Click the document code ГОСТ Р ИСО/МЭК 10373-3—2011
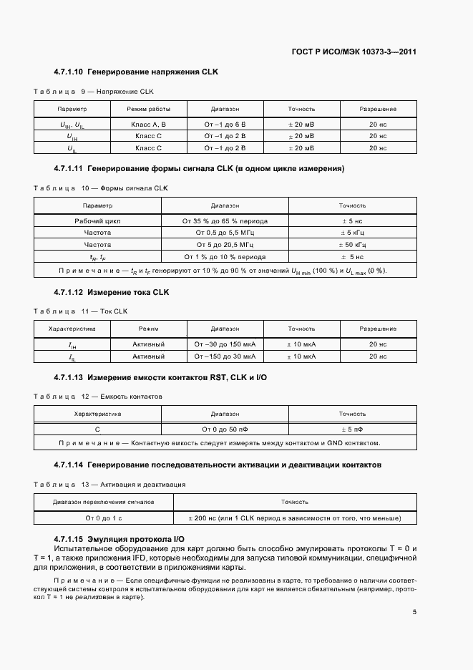point(354,52)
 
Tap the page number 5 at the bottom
point(414,611)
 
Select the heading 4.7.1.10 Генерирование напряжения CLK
point(135,72)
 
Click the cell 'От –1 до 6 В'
point(225,124)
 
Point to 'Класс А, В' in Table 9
point(148,124)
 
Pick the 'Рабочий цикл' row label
point(98,221)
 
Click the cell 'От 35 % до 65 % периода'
point(225,221)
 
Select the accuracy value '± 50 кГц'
point(352,244)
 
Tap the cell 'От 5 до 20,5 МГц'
point(225,244)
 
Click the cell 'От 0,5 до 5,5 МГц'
point(225,233)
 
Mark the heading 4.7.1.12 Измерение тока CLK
point(111,292)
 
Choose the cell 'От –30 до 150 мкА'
point(225,344)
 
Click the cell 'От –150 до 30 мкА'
point(225,356)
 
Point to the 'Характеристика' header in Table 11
point(72,329)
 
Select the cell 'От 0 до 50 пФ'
point(225,429)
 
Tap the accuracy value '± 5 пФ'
point(352,429)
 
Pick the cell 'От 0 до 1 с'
point(104,518)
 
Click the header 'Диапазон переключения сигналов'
point(104,502)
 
